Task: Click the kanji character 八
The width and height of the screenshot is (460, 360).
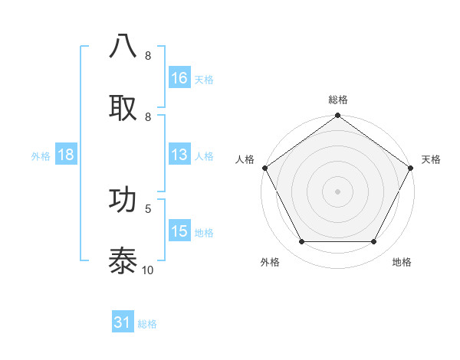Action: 123,47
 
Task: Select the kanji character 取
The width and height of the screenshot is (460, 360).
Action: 123,107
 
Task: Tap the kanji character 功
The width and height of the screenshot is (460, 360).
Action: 123,198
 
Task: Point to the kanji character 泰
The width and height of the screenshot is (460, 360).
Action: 123,260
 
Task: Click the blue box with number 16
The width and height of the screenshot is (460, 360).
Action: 179,78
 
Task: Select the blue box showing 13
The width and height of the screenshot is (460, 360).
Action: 179,155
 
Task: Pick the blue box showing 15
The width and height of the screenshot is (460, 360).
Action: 179,231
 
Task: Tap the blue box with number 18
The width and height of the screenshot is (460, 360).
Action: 66,155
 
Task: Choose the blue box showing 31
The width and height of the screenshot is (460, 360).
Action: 123,322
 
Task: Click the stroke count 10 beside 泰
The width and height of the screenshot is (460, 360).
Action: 148,270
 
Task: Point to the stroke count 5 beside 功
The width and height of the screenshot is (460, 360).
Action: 148,208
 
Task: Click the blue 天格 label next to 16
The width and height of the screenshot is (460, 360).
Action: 204,79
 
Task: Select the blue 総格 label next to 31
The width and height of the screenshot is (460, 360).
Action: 147,324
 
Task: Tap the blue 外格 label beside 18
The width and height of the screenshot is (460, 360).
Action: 41,155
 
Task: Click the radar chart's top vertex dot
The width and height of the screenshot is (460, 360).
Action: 337,116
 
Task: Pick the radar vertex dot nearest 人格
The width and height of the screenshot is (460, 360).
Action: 264,168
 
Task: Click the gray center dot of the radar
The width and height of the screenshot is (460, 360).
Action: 337,191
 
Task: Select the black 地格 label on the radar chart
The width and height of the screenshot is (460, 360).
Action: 402,262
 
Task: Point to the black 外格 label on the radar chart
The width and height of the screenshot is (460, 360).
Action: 270,262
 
